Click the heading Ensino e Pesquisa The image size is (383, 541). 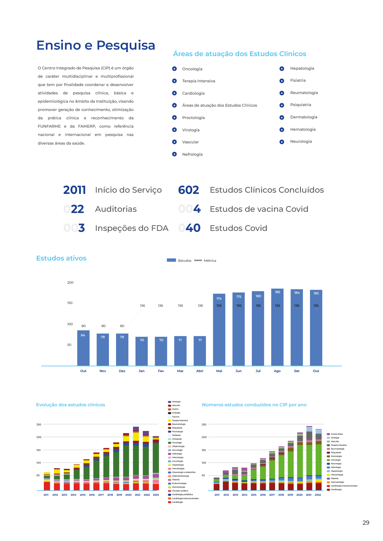[x=96, y=45]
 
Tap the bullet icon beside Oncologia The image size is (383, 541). [x=174, y=69]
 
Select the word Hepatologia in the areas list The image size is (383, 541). [x=302, y=68]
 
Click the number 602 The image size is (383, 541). [x=189, y=190]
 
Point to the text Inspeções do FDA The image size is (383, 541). [x=131, y=228]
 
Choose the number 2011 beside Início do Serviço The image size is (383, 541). [x=74, y=190]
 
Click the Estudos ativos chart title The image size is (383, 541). [x=61, y=258]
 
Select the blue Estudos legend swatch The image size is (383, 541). [x=171, y=260]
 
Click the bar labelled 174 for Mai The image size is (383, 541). [x=219, y=330]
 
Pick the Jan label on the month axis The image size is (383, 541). [x=142, y=371]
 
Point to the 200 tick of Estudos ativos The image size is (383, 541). [x=70, y=282]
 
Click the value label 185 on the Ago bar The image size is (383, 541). [x=277, y=292]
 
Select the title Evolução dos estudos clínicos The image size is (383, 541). [x=71, y=405]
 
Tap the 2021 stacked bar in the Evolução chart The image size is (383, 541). [x=136, y=459]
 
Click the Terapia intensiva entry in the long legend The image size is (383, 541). [x=180, y=420]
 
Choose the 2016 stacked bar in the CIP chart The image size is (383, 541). [x=263, y=475]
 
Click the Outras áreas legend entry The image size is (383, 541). [x=337, y=434]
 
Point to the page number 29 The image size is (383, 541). [x=366, y=523]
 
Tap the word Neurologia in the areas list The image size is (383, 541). [x=301, y=141]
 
